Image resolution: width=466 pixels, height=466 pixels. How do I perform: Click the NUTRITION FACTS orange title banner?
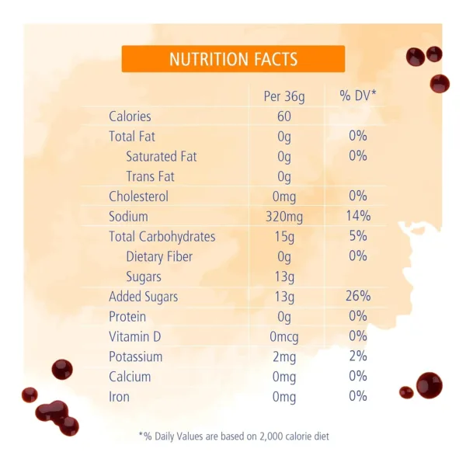coord(233,59)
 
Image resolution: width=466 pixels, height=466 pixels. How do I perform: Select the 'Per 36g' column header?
coord(284,96)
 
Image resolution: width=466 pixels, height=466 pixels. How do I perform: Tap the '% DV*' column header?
coord(357,96)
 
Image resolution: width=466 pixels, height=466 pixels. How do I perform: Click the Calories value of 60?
coord(283,116)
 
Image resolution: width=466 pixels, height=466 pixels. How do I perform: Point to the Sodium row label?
coord(128,217)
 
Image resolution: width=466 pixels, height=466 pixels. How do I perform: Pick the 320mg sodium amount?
coord(284,217)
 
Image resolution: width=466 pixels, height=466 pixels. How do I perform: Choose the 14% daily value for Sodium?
coord(358,217)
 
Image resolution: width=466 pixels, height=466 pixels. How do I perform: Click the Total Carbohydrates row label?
coord(162,237)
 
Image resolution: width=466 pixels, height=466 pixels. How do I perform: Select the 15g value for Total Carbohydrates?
coord(284,237)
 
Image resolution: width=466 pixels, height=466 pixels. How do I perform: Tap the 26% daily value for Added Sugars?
coord(358,297)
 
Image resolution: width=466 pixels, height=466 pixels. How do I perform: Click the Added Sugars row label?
coord(143,297)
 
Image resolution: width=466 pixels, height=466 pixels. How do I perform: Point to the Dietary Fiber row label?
coord(159,257)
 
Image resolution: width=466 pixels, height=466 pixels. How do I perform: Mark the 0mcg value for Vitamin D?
coord(284,337)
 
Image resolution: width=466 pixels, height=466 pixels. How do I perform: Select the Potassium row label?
coord(135,357)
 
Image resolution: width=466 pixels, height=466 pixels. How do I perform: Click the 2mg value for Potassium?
coord(284,357)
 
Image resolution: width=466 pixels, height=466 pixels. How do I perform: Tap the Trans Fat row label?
coord(151,176)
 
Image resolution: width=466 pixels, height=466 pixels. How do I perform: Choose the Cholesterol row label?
coord(138,196)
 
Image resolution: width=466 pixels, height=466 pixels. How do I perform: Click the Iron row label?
coord(119,397)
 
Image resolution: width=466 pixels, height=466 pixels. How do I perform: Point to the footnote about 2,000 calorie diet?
coord(234,436)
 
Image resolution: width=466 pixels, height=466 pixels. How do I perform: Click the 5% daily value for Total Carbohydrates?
coord(358,237)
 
